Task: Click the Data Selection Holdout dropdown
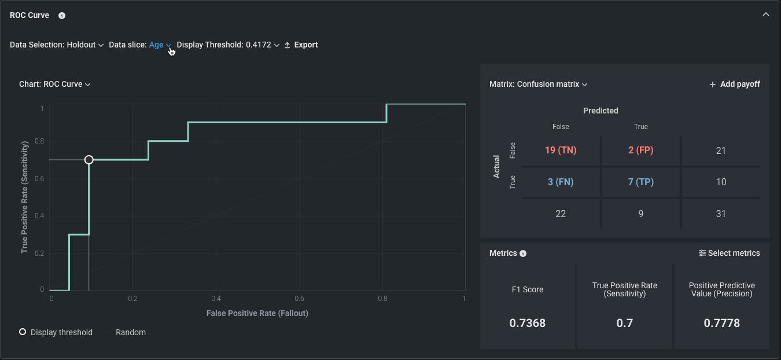click(x=57, y=45)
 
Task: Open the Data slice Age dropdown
click(x=160, y=45)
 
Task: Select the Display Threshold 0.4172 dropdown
click(x=228, y=45)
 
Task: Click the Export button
click(x=301, y=45)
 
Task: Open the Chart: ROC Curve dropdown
click(x=55, y=85)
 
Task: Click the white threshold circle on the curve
click(x=89, y=160)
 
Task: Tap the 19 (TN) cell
click(x=561, y=150)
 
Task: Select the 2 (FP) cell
click(x=640, y=150)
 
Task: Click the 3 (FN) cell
click(x=561, y=182)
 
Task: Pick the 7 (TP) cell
click(x=640, y=182)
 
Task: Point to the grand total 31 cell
click(x=720, y=214)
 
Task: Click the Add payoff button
click(x=735, y=85)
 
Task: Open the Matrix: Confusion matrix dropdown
click(x=539, y=85)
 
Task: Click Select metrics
click(x=729, y=254)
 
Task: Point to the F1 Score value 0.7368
click(x=528, y=323)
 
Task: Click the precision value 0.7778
click(x=721, y=323)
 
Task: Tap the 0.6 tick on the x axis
click(x=299, y=299)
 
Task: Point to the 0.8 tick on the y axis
click(x=42, y=141)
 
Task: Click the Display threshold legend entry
click(x=56, y=333)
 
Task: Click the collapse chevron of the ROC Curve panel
click(x=766, y=14)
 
